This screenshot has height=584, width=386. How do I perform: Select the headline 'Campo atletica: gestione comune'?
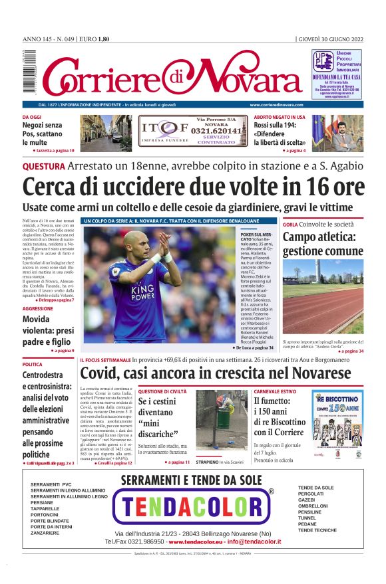(323, 244)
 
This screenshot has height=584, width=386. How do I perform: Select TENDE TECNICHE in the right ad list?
(317, 530)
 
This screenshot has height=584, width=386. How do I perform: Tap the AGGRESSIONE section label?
(38, 309)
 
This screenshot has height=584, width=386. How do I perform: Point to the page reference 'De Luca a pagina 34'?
(254, 347)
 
